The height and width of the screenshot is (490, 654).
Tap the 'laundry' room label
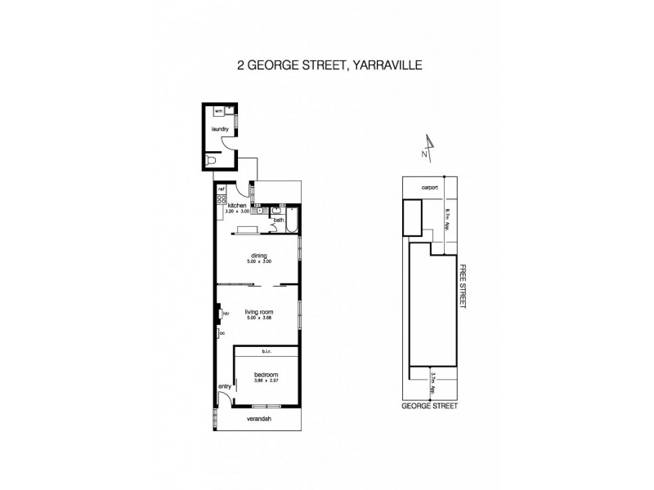pos(218,129)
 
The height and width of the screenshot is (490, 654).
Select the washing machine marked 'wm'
pos(218,110)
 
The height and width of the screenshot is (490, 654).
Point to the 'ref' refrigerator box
pos(221,189)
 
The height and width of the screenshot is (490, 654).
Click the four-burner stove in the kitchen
pos(221,200)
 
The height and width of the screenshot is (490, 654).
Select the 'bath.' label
pos(278,220)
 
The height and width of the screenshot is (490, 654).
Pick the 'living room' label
pos(261,312)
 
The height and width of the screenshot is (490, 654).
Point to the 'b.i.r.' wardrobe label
pos(266,352)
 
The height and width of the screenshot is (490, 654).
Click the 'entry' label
pos(224,386)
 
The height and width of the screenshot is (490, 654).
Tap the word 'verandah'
pos(260,420)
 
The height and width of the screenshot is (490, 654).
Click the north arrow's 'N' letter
pos(424,154)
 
